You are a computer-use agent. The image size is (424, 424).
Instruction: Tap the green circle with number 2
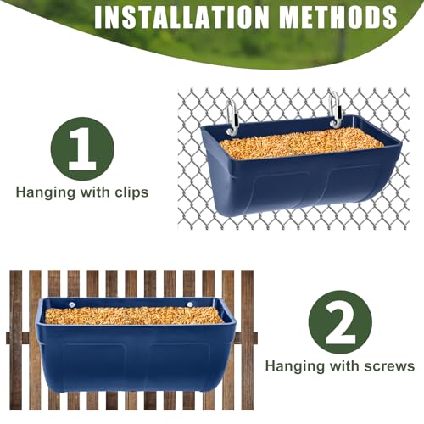[x=340, y=321]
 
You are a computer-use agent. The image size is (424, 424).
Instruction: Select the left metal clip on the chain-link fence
[x=232, y=115]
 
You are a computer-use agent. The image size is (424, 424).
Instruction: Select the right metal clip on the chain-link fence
[x=335, y=107]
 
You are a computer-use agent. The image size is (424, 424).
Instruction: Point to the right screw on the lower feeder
[x=190, y=304]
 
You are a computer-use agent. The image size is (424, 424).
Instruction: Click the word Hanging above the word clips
[x=47, y=192]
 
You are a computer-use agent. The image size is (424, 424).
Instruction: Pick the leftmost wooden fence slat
[x=16, y=339]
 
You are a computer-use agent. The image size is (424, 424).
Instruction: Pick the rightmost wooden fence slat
[x=247, y=339]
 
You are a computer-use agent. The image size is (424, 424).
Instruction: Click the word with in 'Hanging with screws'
[x=343, y=366]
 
